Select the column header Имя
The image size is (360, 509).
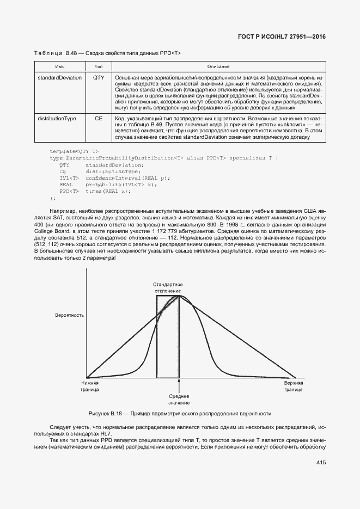point(59,66)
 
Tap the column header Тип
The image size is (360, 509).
point(99,66)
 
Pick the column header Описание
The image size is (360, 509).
point(218,66)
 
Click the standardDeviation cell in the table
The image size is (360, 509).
point(59,78)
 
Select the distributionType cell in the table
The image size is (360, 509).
point(57,118)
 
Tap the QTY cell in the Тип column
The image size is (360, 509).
point(99,78)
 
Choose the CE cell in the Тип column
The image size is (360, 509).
point(99,118)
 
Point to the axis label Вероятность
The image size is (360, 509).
point(69,315)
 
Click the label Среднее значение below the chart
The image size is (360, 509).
point(179,400)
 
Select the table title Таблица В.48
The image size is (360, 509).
point(107,53)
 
